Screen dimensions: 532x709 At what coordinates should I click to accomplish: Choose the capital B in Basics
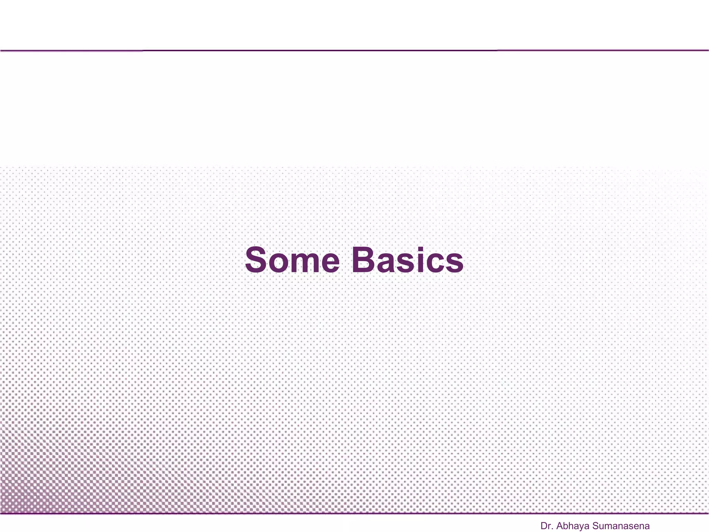coord(365,260)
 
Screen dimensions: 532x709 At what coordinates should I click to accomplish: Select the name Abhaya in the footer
coord(573,526)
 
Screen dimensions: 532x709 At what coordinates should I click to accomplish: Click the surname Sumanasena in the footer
coord(621,526)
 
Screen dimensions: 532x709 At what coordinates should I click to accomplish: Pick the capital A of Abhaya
coord(560,526)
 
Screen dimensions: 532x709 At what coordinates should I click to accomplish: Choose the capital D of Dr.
coord(544,526)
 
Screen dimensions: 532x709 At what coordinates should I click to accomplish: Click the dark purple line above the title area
coord(354,51)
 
